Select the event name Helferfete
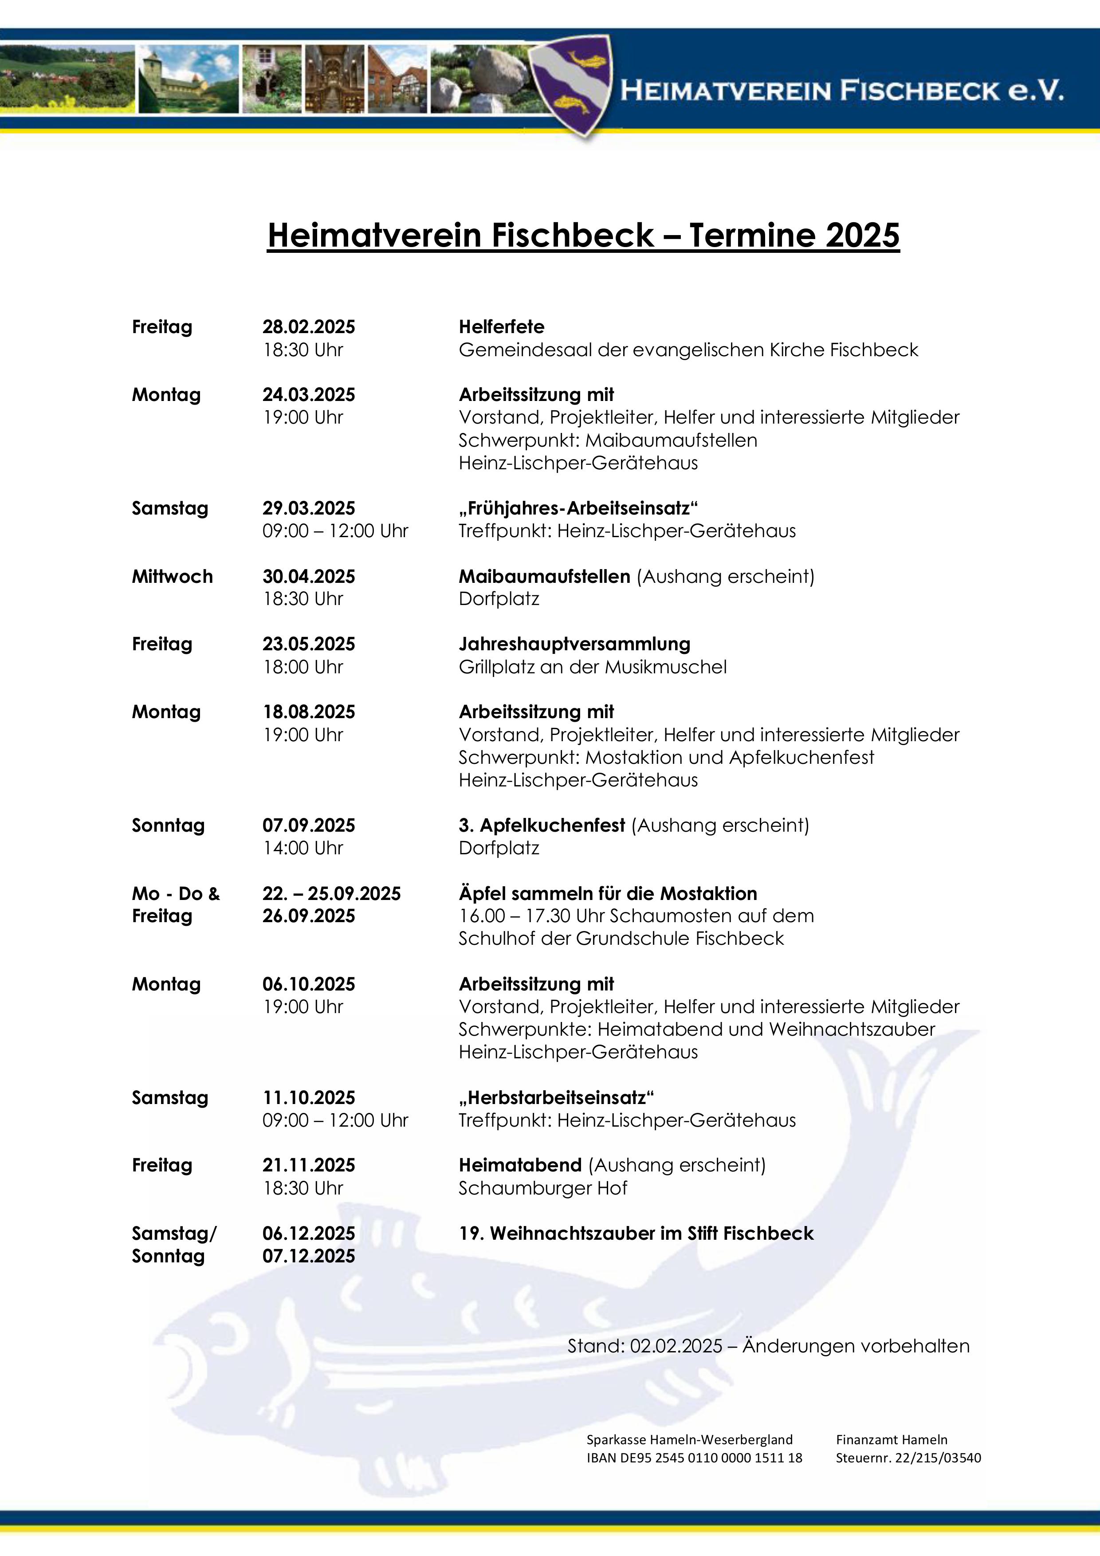click(502, 327)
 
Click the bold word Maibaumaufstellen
click(544, 577)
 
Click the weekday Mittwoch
click(172, 577)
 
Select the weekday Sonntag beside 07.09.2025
click(168, 825)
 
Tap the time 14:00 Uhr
click(303, 848)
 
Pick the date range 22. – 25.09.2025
click(331, 893)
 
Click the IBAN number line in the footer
click(694, 1458)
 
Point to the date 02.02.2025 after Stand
click(676, 1346)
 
